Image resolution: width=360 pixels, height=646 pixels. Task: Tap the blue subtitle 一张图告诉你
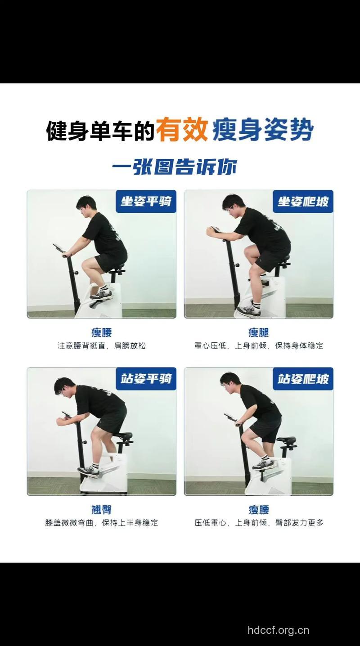175,167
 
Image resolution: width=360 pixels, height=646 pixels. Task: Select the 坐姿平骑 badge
146,201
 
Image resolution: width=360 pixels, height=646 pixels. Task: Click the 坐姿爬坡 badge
303,201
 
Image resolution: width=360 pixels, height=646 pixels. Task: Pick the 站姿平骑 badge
146,378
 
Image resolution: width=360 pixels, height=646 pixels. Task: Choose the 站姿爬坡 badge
303,378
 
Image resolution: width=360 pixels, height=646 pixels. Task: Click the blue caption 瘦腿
259,332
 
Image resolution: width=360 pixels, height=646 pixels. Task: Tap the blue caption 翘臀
101,510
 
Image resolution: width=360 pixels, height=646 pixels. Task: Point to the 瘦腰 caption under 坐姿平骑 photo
101,332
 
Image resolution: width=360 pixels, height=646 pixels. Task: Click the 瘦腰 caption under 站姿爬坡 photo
259,510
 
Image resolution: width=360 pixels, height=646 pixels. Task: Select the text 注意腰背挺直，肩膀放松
102,346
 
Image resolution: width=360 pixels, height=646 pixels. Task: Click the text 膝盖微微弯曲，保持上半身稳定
102,523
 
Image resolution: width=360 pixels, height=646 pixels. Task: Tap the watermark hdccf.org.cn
278,630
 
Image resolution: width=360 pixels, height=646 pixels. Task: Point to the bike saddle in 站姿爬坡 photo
287,440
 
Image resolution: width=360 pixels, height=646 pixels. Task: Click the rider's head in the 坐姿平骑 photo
86,204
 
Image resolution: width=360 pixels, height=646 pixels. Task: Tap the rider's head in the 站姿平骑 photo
64,386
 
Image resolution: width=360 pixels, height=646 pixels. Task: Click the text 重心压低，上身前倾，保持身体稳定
259,346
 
